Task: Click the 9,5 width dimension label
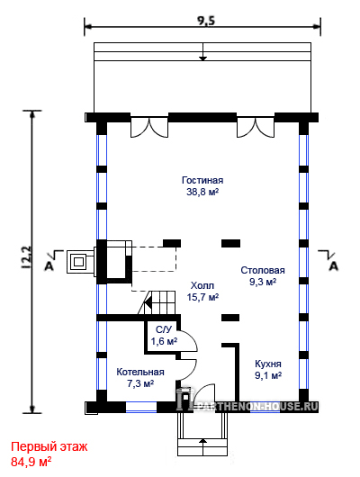(x=206, y=21)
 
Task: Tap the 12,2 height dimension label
(x=27, y=257)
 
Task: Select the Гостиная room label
(x=202, y=180)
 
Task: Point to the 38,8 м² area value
(x=202, y=192)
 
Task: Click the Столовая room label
(x=263, y=270)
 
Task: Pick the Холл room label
(x=202, y=285)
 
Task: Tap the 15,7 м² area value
(x=202, y=297)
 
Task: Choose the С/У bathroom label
(x=164, y=329)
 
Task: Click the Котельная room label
(x=140, y=372)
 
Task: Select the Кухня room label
(x=268, y=364)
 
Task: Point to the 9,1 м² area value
(x=268, y=375)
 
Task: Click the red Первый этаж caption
(x=49, y=447)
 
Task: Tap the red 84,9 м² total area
(x=31, y=462)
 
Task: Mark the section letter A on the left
(x=49, y=266)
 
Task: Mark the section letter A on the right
(x=334, y=266)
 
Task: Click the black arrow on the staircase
(x=148, y=303)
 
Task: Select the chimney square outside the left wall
(x=80, y=262)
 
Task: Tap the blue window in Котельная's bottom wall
(x=141, y=407)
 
